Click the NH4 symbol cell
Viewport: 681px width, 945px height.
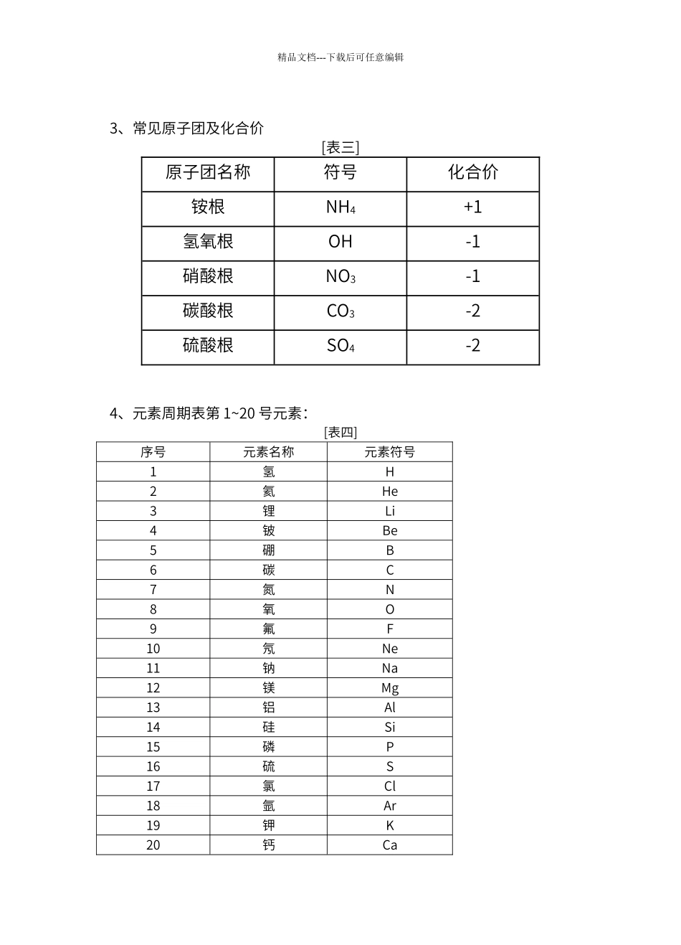coord(340,207)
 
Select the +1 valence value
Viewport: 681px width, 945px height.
coord(472,207)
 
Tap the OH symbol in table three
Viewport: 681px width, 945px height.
coord(340,242)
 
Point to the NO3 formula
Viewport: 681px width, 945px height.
coord(340,276)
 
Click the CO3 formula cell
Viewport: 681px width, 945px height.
coord(340,311)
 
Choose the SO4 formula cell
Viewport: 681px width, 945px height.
coord(340,346)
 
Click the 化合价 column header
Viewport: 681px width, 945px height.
coord(472,172)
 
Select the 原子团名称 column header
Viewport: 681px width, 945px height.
coord(208,172)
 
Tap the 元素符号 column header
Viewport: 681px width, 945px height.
coord(389,452)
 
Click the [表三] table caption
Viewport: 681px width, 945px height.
coord(340,148)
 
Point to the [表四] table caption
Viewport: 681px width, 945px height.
coord(340,432)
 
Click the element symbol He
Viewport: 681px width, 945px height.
coord(389,492)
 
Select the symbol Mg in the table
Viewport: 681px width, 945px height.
coord(389,688)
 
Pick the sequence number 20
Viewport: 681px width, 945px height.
coord(153,845)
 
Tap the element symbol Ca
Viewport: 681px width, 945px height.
coord(389,845)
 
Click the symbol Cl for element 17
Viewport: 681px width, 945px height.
coord(389,786)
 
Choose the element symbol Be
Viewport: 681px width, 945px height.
coord(389,531)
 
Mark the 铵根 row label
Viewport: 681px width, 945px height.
coord(208,207)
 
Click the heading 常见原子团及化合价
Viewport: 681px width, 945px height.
coord(198,128)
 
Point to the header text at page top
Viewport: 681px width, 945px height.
coord(340,57)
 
